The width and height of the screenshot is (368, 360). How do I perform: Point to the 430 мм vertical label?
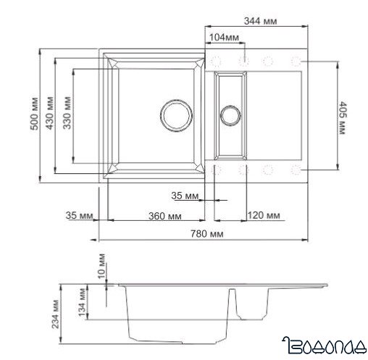click(x=49, y=114)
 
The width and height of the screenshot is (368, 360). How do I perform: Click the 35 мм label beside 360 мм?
click(x=78, y=216)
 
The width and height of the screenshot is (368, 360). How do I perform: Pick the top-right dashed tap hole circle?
click(x=296, y=59)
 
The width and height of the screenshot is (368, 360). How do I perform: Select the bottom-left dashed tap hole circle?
click(x=220, y=169)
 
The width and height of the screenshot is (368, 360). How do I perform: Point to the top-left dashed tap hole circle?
click(x=220, y=59)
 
